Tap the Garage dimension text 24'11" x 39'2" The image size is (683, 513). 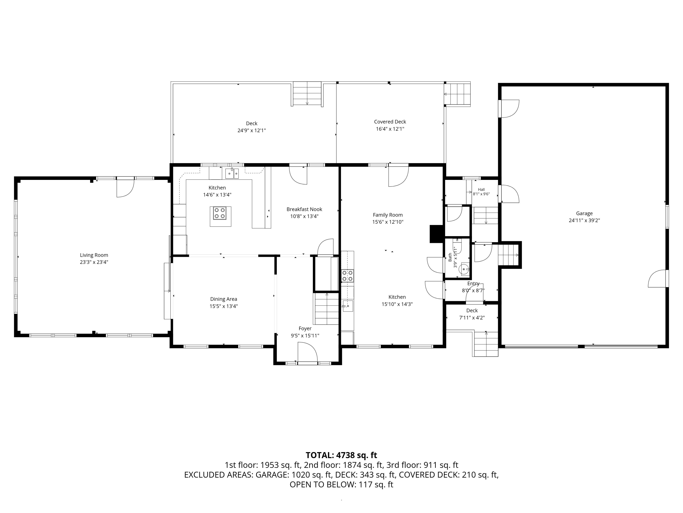click(584, 220)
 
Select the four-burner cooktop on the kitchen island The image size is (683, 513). click(219, 213)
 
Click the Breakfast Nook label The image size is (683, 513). click(304, 209)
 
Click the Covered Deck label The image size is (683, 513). click(390, 122)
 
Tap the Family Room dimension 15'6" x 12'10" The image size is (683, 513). click(388, 222)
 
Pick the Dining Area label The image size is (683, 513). click(224, 299)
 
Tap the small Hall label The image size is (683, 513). click(481, 189)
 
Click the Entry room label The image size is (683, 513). click(473, 284)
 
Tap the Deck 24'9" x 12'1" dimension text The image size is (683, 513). click(251, 130)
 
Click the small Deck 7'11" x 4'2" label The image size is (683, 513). click(472, 311)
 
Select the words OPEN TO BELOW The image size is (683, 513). click(322, 484)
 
